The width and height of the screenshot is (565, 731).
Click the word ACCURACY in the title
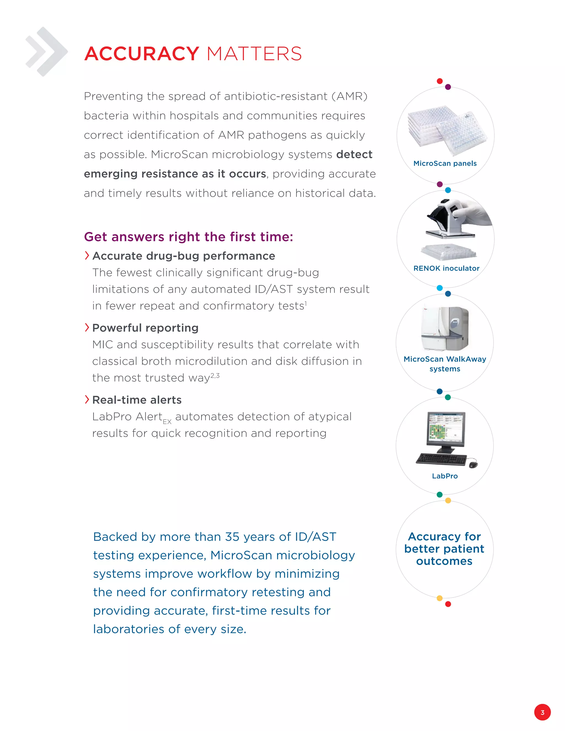pos(142,54)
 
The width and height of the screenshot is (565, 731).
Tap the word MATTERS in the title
pos(254,54)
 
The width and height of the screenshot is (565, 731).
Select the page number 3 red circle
pos(542,712)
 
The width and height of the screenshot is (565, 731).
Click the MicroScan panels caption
pos(445,163)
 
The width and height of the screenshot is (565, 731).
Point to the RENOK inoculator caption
pos(446,268)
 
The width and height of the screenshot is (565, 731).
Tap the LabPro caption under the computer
pos(444,476)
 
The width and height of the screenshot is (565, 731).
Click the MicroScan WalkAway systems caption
pos(444,364)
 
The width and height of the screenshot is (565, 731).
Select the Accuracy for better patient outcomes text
pos(444,549)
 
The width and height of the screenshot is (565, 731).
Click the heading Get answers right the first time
pos(188,237)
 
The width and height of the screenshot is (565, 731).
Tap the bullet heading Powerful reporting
pos(145,328)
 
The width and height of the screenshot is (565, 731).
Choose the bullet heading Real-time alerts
pos(137,400)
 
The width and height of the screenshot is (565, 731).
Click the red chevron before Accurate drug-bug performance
pos(87,255)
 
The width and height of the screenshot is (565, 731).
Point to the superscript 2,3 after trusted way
pos(215,375)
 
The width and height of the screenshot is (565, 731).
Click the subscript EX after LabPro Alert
pos(167,422)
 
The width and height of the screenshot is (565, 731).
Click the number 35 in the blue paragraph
pos(233,537)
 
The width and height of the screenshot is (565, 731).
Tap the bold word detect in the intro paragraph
pos(354,154)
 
